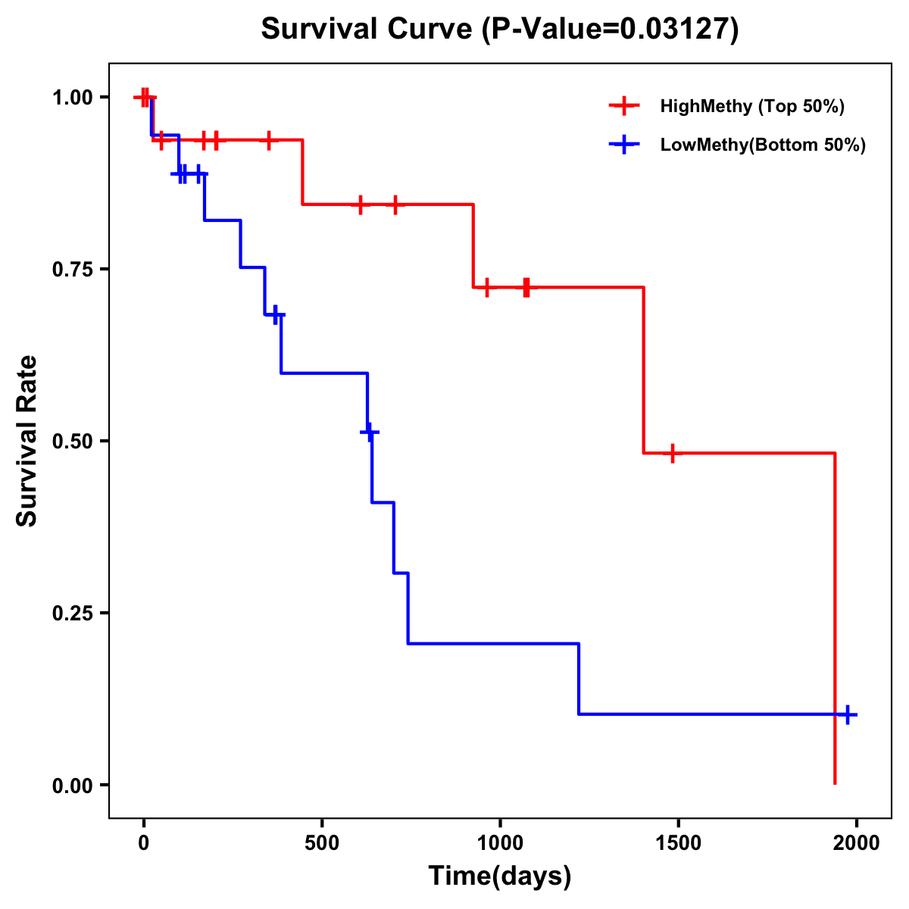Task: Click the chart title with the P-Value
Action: click(x=500, y=29)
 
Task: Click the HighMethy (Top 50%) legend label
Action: click(x=752, y=106)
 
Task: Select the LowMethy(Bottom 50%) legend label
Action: click(x=763, y=145)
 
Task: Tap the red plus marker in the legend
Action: click(x=624, y=106)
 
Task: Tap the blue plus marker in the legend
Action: click(x=624, y=145)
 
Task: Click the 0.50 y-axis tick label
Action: click(x=73, y=442)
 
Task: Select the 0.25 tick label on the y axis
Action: click(x=73, y=614)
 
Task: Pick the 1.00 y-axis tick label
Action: click(x=73, y=98)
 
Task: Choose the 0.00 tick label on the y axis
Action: click(x=73, y=786)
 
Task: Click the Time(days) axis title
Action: click(x=500, y=876)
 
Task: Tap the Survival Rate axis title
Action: click(x=27, y=441)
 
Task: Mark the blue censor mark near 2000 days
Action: click(x=848, y=714)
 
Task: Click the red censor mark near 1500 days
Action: click(x=672, y=453)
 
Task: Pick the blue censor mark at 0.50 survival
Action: click(x=370, y=432)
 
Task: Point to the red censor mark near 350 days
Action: click(x=268, y=140)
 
